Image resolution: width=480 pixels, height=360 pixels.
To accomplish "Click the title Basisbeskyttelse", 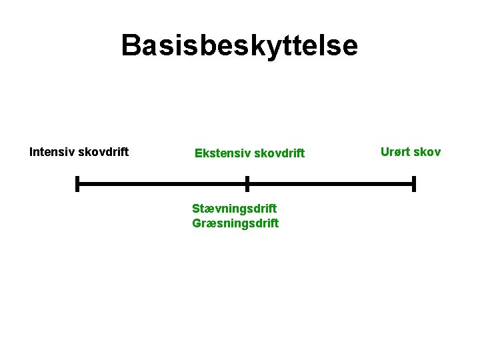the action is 239,45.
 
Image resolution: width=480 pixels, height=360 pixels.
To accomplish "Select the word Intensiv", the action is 52,152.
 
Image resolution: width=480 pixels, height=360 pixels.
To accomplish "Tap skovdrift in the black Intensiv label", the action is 103,152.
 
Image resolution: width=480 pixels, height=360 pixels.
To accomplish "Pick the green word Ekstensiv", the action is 219,154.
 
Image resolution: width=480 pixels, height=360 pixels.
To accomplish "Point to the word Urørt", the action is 395,152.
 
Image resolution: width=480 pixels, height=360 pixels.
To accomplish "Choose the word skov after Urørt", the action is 427,152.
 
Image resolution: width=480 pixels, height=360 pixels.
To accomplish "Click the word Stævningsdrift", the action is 234,209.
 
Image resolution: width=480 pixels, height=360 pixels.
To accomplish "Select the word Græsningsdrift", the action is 235,223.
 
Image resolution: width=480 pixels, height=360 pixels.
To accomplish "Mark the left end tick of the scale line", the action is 77,183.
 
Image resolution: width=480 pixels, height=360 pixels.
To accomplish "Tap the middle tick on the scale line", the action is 247,183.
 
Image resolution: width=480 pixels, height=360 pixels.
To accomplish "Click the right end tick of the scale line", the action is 414,183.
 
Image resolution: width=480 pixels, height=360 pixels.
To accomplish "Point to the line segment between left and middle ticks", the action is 162,183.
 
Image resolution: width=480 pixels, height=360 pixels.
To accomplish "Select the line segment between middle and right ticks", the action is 330,183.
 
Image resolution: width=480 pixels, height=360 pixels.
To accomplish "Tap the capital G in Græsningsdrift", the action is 197,223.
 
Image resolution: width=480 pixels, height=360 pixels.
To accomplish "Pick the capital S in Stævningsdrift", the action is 196,209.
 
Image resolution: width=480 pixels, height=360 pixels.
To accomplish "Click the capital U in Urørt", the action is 385,152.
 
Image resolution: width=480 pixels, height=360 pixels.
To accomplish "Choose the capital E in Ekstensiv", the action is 198,154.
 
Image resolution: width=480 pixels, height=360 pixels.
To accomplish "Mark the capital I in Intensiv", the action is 31,152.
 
